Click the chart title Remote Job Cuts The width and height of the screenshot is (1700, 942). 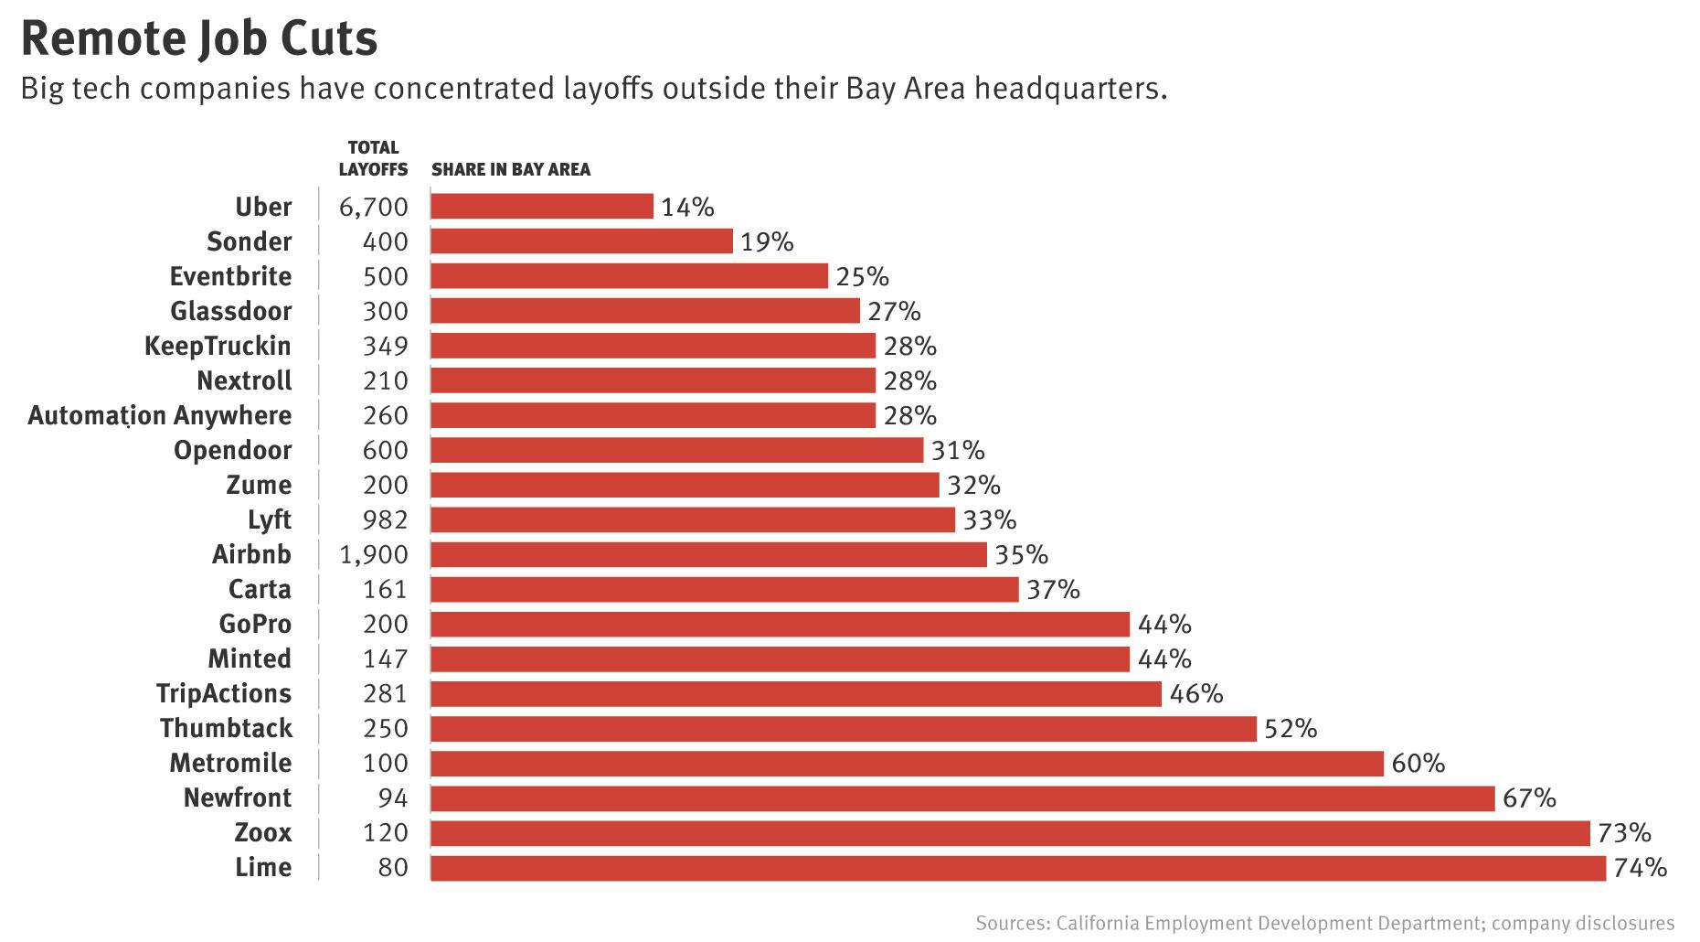pos(198,38)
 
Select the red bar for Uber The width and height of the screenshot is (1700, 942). pos(542,207)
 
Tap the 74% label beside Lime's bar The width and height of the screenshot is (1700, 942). pos(1640,868)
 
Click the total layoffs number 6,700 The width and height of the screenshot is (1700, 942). pos(373,208)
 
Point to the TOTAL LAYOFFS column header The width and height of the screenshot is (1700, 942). pos(373,158)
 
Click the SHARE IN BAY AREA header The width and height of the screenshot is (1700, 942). pos(511,170)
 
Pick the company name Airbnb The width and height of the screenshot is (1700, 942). pos(251,555)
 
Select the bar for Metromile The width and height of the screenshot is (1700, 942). pos(907,764)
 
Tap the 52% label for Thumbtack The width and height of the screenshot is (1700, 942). pos(1291,729)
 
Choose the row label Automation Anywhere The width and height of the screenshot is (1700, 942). pos(160,416)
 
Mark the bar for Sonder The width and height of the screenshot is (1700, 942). pos(581,241)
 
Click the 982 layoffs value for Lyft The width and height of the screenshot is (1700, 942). pos(385,520)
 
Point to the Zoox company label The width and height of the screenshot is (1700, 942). pos(263,833)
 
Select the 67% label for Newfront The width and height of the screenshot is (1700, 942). pos(1529,798)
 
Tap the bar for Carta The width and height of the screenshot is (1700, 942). pos(724,590)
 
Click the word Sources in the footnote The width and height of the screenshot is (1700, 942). pos(1011,923)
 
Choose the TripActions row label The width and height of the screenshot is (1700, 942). pos(224,694)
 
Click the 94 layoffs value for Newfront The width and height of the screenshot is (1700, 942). pos(393,798)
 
